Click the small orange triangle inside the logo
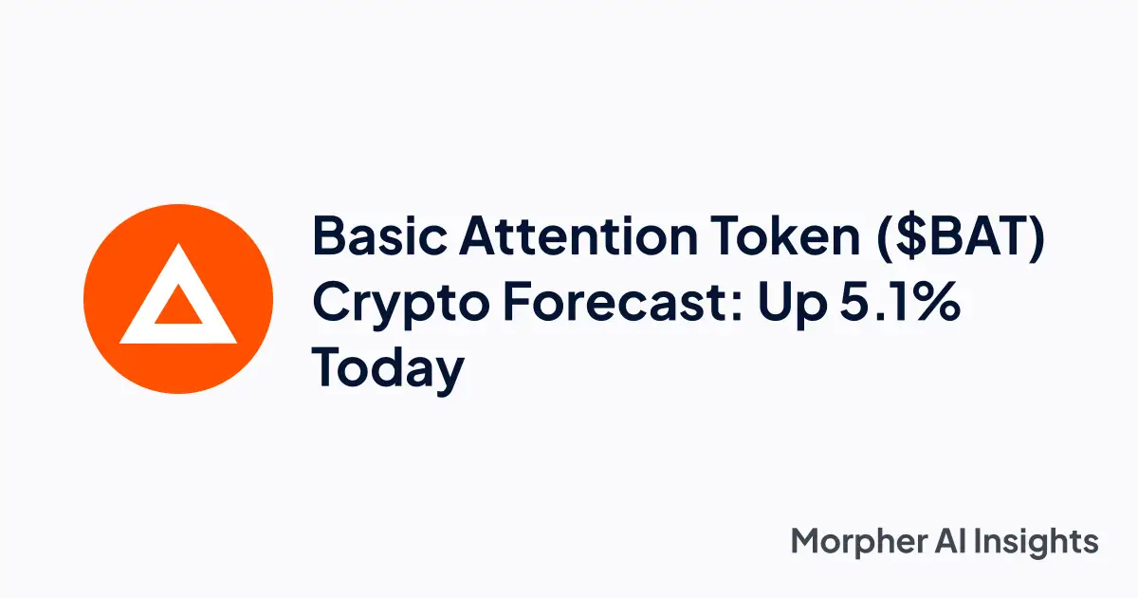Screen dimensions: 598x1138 click(x=177, y=308)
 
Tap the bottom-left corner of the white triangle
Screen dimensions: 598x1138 click(x=122, y=339)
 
